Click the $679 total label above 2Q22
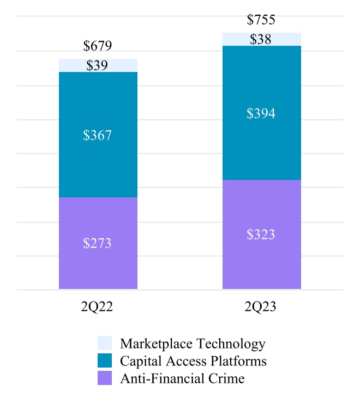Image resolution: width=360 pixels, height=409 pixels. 98,46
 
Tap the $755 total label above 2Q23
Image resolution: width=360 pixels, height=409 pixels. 261,20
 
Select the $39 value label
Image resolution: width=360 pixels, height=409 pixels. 98,65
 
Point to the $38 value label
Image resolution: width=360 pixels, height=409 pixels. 261,39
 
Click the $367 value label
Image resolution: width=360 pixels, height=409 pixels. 98,136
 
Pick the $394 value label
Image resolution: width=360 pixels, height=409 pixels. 261,114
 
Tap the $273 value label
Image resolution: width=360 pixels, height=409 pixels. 98,243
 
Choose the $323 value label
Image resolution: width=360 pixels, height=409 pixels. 261,235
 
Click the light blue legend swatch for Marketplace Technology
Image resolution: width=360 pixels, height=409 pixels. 105,344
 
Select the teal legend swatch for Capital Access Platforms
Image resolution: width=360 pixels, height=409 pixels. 105,361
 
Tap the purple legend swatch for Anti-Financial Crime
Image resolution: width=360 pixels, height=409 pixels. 105,378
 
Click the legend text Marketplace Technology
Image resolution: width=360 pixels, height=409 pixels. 193,344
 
